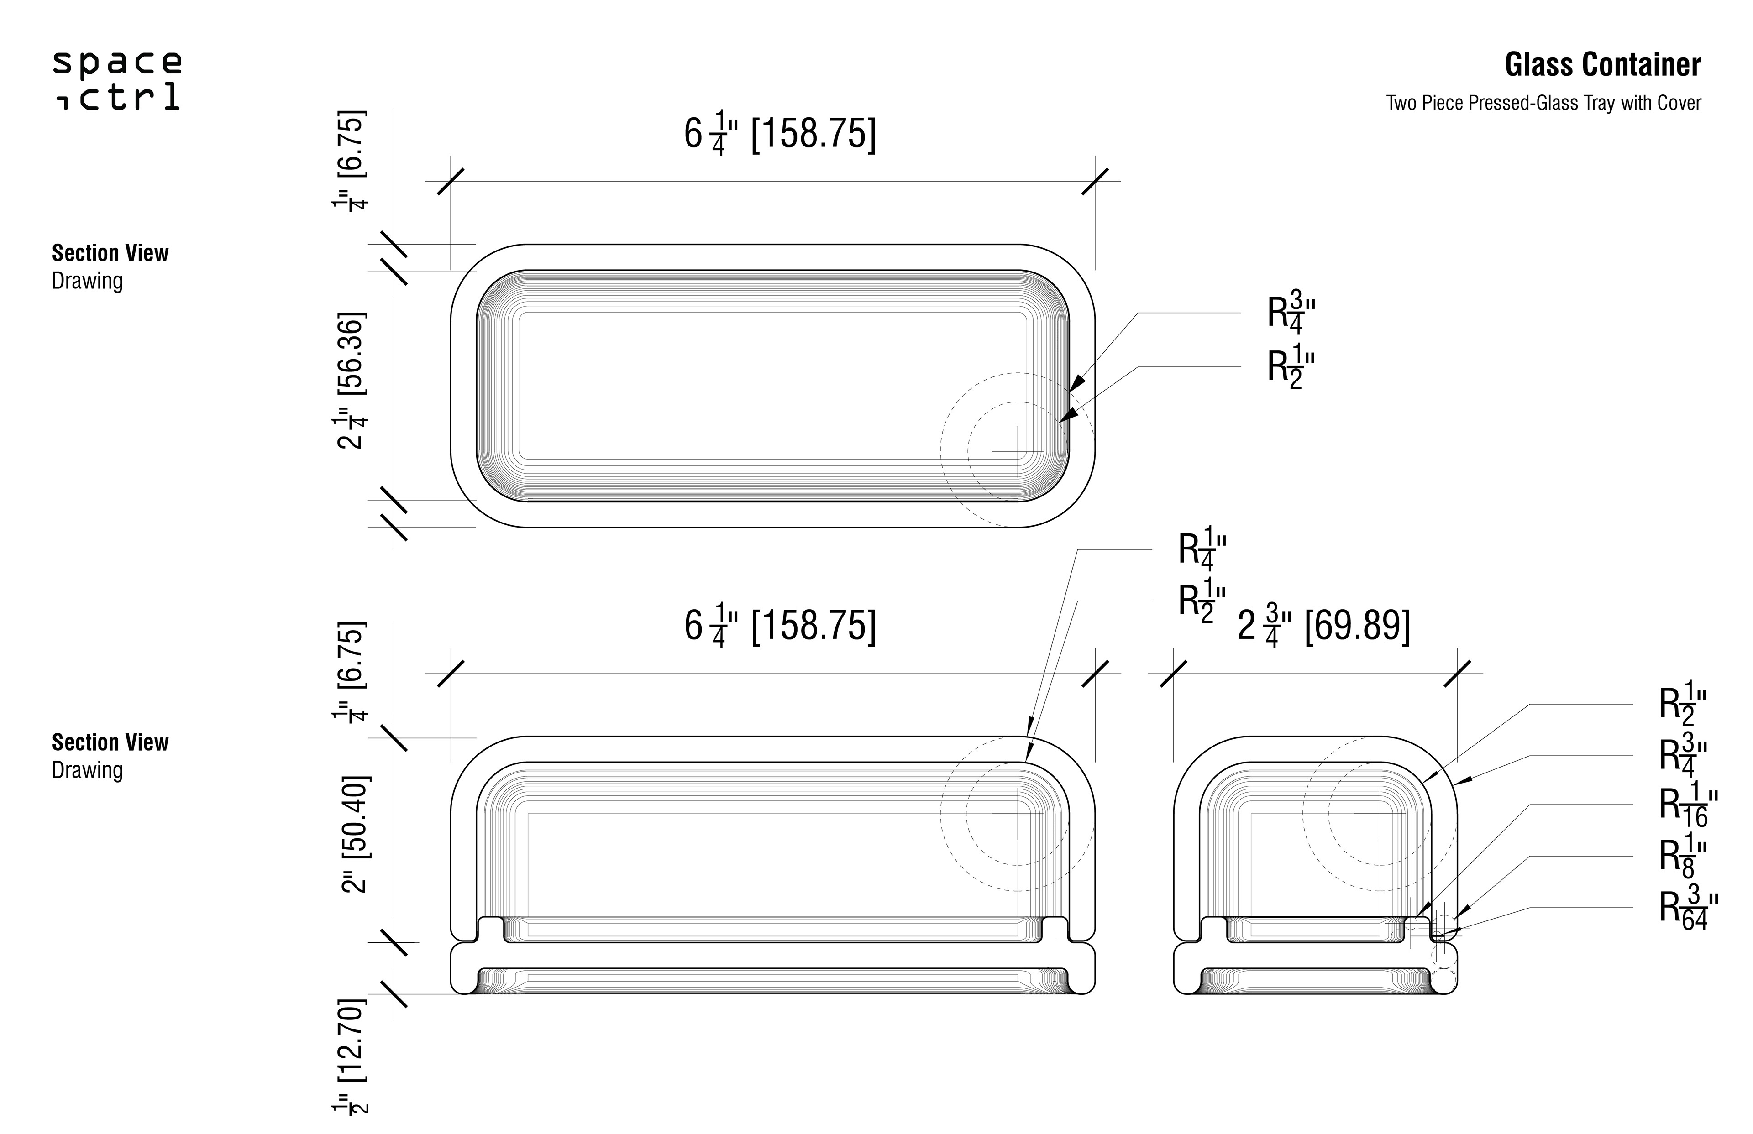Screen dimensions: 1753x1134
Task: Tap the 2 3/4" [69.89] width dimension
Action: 1323,627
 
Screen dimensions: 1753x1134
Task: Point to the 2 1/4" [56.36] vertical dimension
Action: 352,381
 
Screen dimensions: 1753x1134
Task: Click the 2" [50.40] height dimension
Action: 354,834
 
